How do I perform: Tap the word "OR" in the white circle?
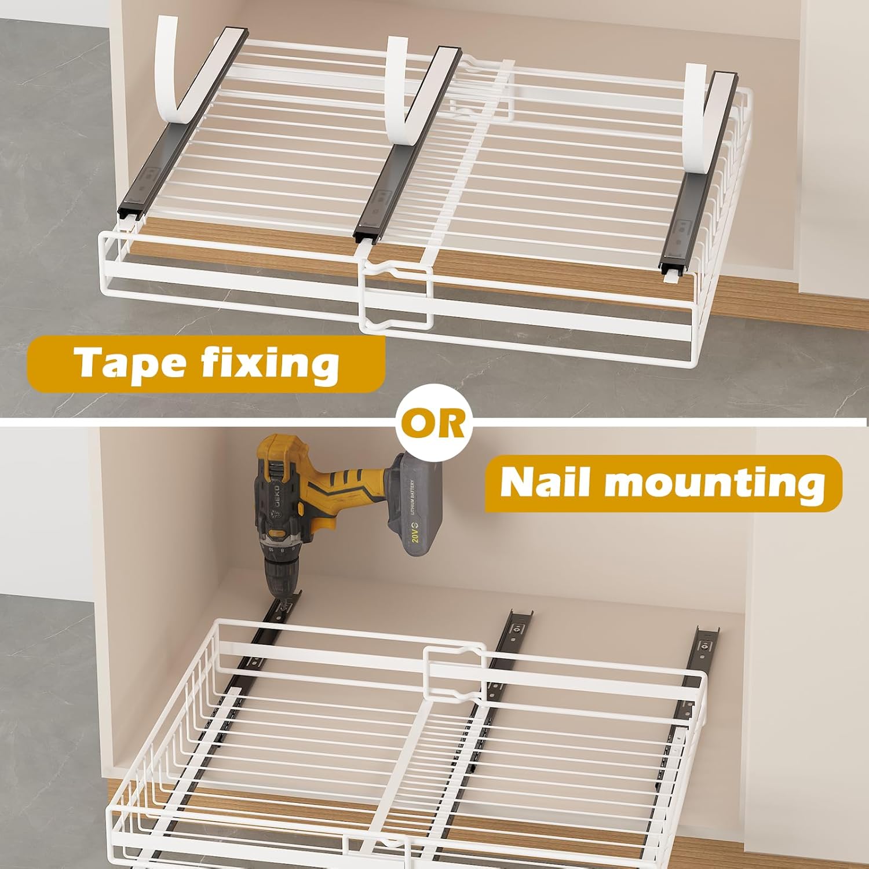434,425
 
